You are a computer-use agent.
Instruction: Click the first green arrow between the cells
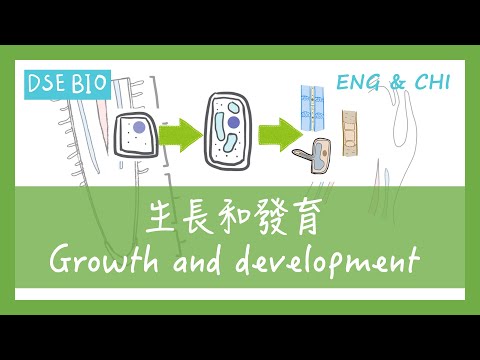coord(181,132)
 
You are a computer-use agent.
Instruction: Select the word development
coord(341,262)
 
